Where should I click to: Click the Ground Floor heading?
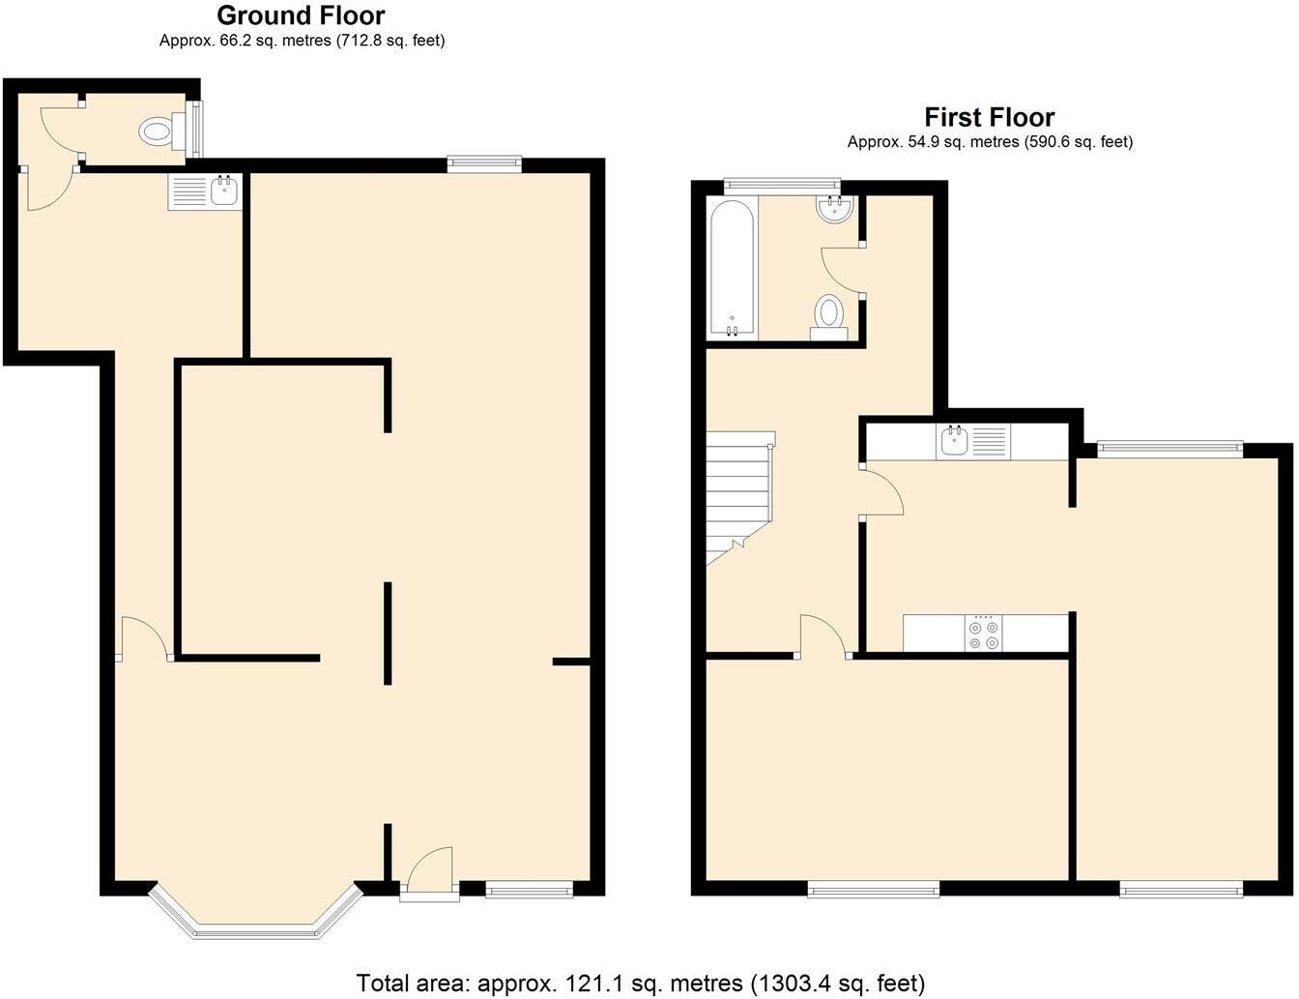pos(301,16)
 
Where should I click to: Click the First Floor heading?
pos(989,118)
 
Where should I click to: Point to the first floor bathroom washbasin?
pos(834,209)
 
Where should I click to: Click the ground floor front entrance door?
pos(430,875)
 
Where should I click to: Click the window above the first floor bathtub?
pos(781,182)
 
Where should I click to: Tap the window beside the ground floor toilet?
pos(199,130)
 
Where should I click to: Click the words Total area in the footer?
pos(413,984)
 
